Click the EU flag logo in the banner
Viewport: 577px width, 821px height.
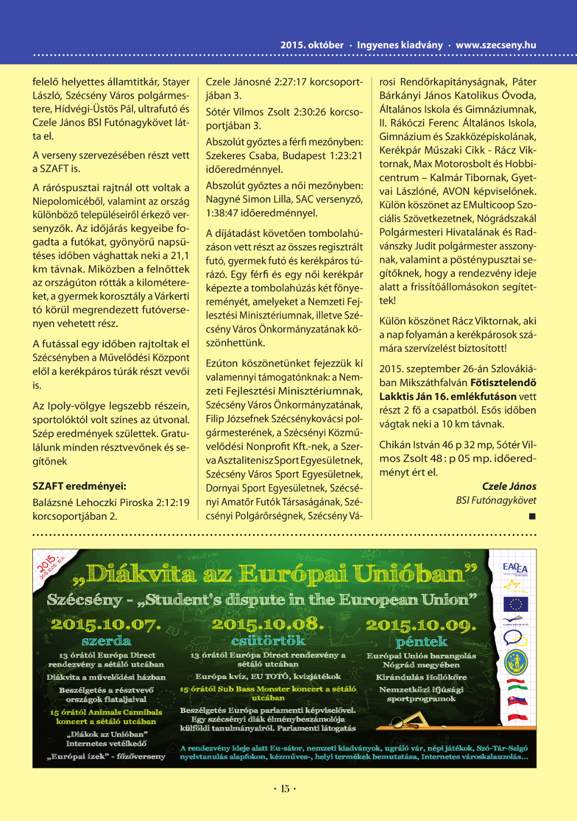515,604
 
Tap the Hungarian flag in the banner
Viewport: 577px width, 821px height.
516,684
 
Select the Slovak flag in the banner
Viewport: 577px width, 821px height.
517,701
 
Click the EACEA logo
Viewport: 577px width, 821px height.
515,568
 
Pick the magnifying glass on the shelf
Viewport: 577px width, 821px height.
398,722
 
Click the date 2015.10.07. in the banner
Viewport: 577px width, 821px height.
105,625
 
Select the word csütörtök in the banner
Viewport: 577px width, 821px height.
268,640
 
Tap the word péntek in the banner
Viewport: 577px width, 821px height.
421,642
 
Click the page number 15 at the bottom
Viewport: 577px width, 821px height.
285,789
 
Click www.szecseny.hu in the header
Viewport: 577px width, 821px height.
496,45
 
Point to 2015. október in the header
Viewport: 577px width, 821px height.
312,45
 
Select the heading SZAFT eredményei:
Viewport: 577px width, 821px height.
79,486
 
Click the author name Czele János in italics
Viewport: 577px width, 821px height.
509,486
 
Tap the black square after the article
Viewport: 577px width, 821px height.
532,516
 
